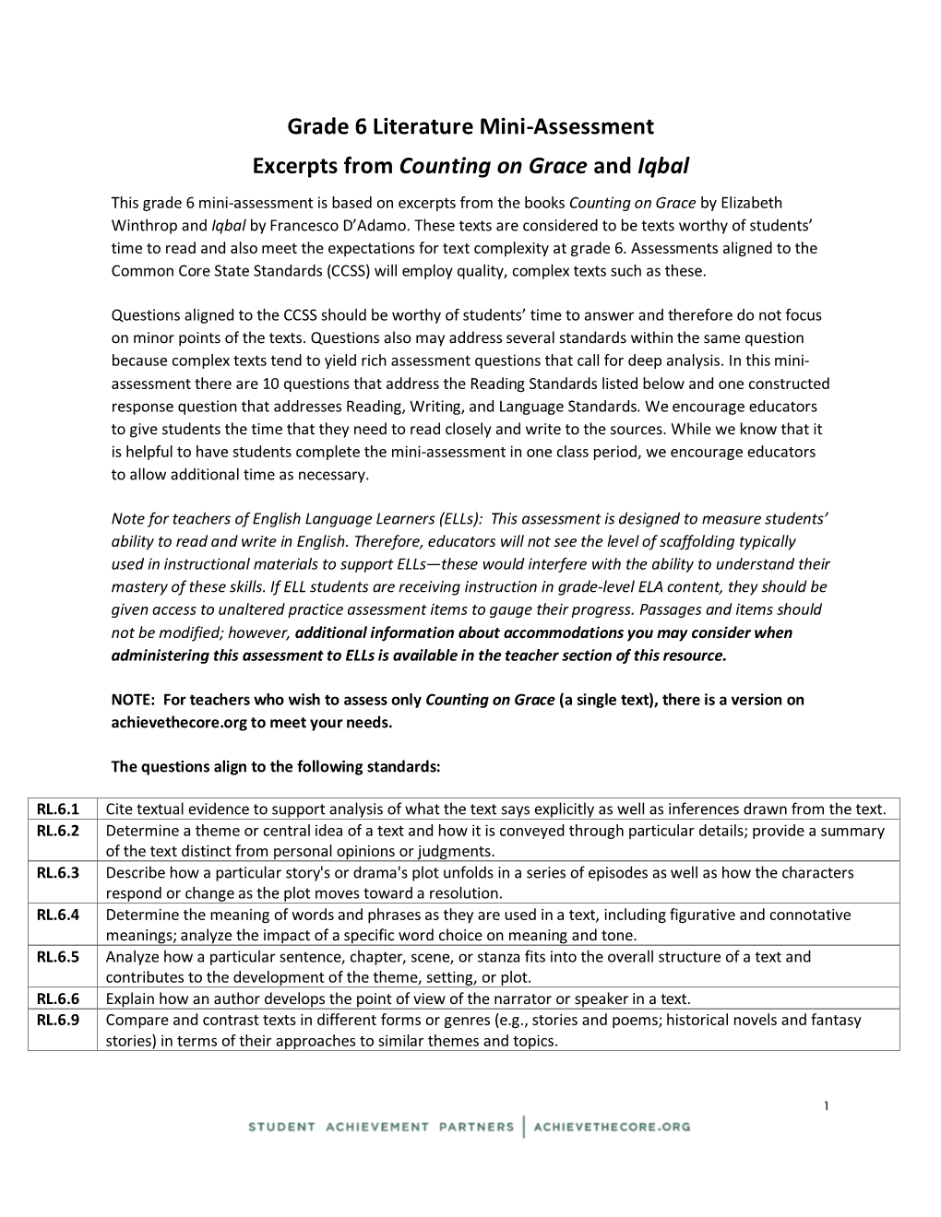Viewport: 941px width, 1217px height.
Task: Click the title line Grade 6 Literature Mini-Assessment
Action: [x=470, y=126]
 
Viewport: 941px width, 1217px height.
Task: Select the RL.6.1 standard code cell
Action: [x=58, y=809]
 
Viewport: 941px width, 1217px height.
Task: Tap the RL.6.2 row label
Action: [x=58, y=831]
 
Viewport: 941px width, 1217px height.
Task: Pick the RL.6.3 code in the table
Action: [x=58, y=873]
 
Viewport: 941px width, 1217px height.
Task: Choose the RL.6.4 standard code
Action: [x=58, y=915]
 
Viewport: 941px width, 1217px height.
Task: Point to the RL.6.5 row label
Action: [x=58, y=957]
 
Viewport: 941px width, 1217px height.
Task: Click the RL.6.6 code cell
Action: [x=58, y=998]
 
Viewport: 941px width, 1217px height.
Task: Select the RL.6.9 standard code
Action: [x=58, y=1020]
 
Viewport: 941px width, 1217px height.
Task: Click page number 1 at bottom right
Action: [x=827, y=1106]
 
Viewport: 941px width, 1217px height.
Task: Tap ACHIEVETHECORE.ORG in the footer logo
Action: [x=612, y=1127]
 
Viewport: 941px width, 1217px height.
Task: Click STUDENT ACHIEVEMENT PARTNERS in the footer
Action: [x=380, y=1127]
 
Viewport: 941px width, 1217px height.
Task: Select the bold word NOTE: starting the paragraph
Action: [x=133, y=700]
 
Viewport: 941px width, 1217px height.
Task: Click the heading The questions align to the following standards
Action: [x=276, y=766]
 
